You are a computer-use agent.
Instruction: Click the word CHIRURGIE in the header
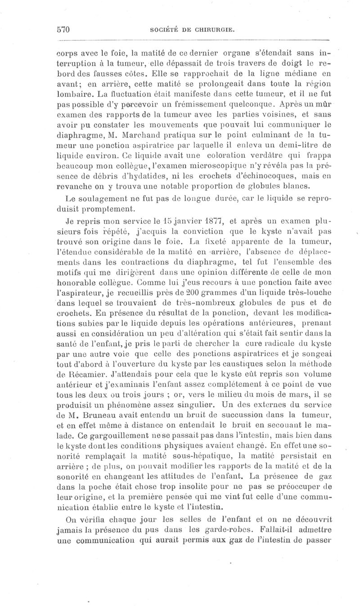click(216, 30)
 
